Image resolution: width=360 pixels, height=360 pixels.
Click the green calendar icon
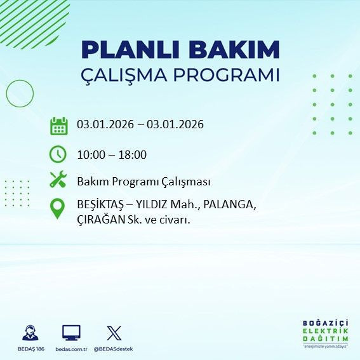pyautogui.click(x=58, y=125)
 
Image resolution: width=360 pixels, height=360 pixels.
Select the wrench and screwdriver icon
pyautogui.click(x=58, y=180)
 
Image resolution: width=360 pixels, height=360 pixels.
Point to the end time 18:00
pyautogui.click(x=133, y=154)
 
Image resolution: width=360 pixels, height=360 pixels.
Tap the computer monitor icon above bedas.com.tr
pyautogui.click(x=71, y=332)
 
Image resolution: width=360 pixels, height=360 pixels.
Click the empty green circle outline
pyautogui.click(x=20, y=93)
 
